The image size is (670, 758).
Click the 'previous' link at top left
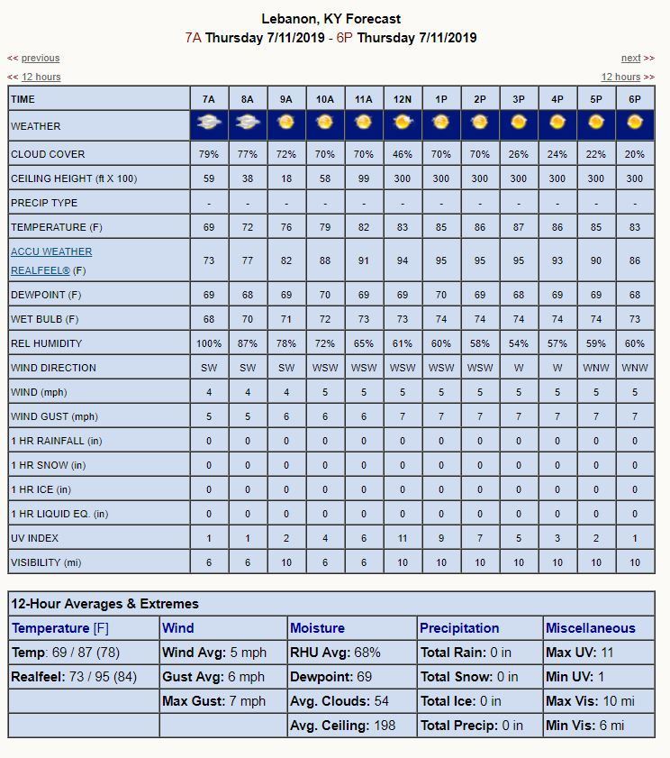(x=41, y=58)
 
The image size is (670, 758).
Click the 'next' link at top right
(x=630, y=58)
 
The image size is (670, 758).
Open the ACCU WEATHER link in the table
(x=51, y=251)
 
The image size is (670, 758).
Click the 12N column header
(x=403, y=99)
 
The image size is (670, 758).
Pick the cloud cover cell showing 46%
(x=403, y=154)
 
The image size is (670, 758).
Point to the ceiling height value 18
(x=286, y=178)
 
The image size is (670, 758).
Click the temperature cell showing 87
(x=519, y=227)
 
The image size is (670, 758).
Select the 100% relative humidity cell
(x=209, y=343)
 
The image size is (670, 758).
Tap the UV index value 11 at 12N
(x=403, y=538)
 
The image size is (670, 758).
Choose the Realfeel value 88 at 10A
(x=325, y=260)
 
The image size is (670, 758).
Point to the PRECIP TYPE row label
(x=44, y=203)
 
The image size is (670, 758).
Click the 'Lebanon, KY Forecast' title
(x=331, y=19)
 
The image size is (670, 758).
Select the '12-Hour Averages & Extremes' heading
(x=105, y=604)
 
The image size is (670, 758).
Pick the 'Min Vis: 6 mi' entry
(x=584, y=725)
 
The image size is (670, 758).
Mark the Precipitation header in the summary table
(x=459, y=628)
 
